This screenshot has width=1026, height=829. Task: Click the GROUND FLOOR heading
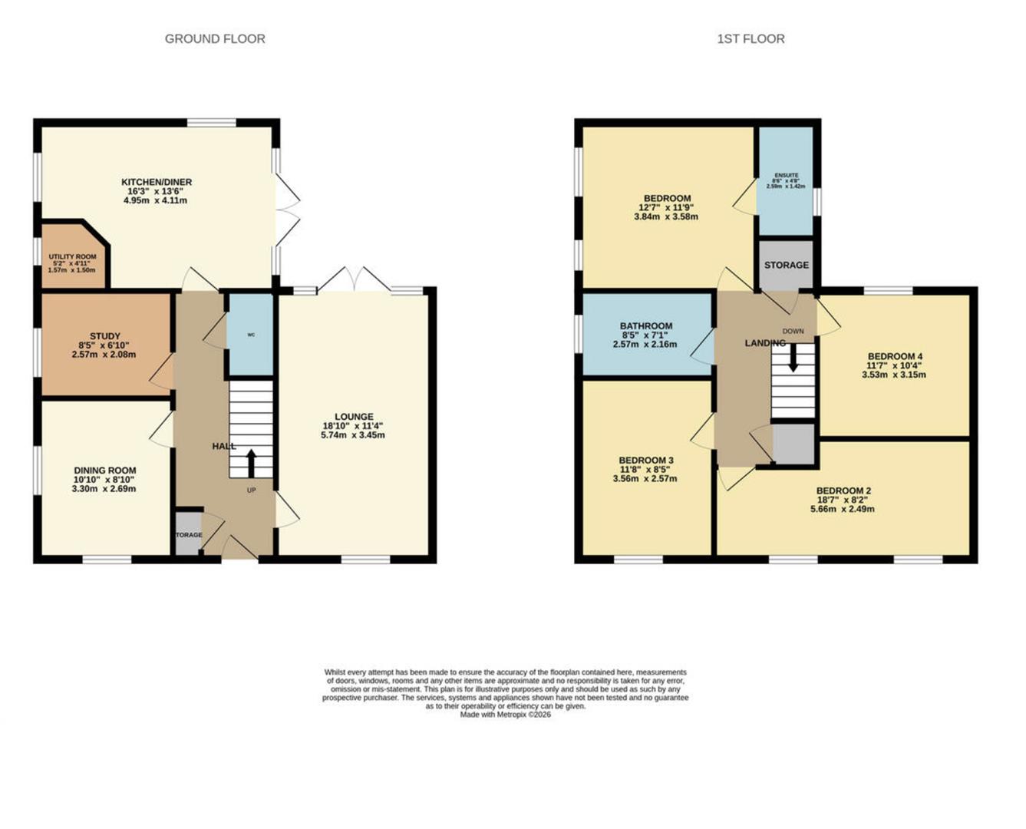click(x=215, y=38)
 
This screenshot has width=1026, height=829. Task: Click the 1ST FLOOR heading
click(x=751, y=38)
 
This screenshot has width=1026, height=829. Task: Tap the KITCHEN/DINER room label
click(x=157, y=182)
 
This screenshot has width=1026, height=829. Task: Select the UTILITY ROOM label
click(x=72, y=256)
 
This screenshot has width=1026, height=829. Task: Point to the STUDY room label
click(x=104, y=336)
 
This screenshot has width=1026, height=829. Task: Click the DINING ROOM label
click(x=104, y=471)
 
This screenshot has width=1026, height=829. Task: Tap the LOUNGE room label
click(x=353, y=417)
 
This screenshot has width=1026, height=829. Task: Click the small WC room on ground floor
click(x=251, y=335)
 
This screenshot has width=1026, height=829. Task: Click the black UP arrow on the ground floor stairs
click(x=251, y=463)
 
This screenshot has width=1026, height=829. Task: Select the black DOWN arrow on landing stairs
click(x=793, y=357)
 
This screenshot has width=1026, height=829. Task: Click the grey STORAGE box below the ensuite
click(x=786, y=265)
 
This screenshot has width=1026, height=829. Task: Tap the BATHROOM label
click(x=646, y=326)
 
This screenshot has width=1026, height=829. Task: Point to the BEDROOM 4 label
click(x=895, y=356)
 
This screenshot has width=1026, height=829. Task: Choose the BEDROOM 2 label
click(x=843, y=490)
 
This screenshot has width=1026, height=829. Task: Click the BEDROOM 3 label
click(x=646, y=461)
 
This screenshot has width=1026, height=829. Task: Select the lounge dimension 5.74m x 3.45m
click(x=353, y=435)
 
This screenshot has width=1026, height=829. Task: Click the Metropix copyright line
click(x=505, y=715)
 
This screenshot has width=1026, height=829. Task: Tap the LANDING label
click(x=765, y=343)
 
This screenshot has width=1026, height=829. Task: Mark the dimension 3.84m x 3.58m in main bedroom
click(x=666, y=216)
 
